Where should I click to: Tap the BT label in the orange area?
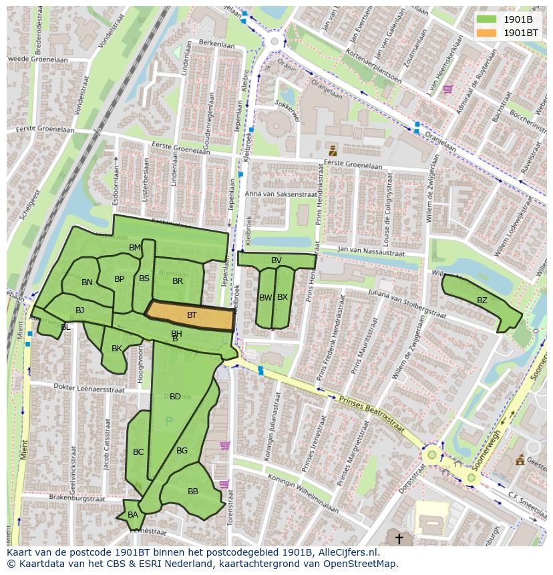tap(192, 315)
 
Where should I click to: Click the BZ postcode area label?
tap(482, 301)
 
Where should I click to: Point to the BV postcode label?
tap(276, 260)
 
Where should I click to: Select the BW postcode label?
tap(265, 298)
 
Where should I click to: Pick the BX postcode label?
tap(283, 297)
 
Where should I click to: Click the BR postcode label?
tap(178, 281)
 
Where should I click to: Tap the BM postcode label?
tap(135, 248)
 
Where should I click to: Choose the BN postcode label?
tap(87, 282)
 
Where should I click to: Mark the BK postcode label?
tap(117, 349)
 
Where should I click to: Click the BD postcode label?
tap(175, 397)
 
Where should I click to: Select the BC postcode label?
tap(138, 452)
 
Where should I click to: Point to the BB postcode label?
tap(193, 492)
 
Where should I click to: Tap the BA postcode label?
tap(133, 515)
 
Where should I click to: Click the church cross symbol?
tap(399, 538)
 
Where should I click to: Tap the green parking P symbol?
tap(168, 421)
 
